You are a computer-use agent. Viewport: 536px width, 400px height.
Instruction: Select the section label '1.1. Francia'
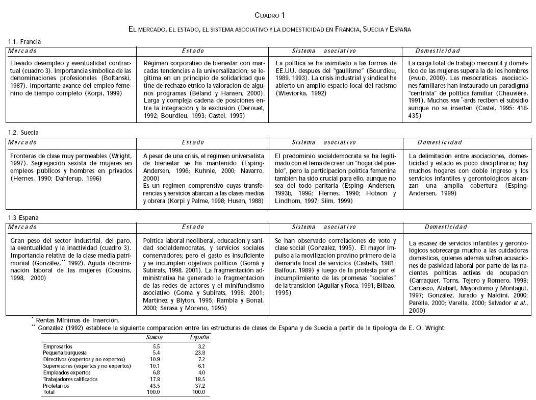point(24,41)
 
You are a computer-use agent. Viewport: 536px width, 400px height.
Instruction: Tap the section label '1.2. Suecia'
point(23,132)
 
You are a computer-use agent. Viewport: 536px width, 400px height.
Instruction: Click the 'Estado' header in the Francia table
point(193,51)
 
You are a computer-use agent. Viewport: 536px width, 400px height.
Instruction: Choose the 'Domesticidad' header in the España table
point(446,227)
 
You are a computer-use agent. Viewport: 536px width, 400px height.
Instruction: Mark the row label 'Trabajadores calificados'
point(69,379)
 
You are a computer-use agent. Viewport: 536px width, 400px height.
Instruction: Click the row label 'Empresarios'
point(57,346)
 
